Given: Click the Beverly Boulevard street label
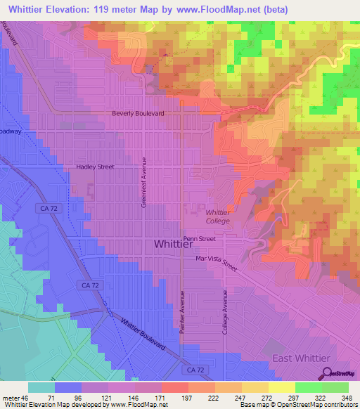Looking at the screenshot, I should pos(138,113).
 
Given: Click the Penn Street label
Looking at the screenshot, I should pos(199,239).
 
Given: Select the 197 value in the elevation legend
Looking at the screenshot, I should pos(167,397).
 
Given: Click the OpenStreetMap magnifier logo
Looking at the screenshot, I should pos(324,373).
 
